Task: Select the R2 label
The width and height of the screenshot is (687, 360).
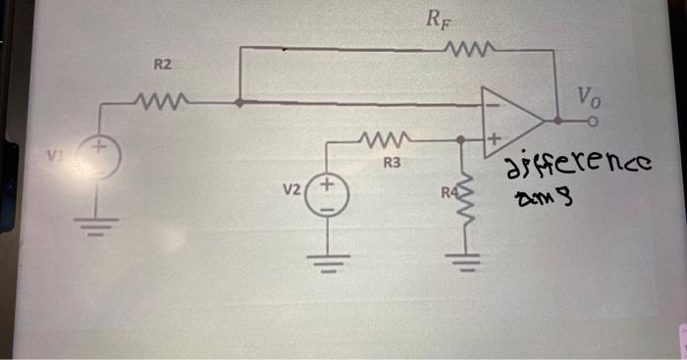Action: pyautogui.click(x=163, y=65)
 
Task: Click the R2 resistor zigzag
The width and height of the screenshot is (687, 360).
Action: pyautogui.click(x=156, y=100)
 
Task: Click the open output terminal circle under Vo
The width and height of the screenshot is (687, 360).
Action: pyautogui.click(x=592, y=122)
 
